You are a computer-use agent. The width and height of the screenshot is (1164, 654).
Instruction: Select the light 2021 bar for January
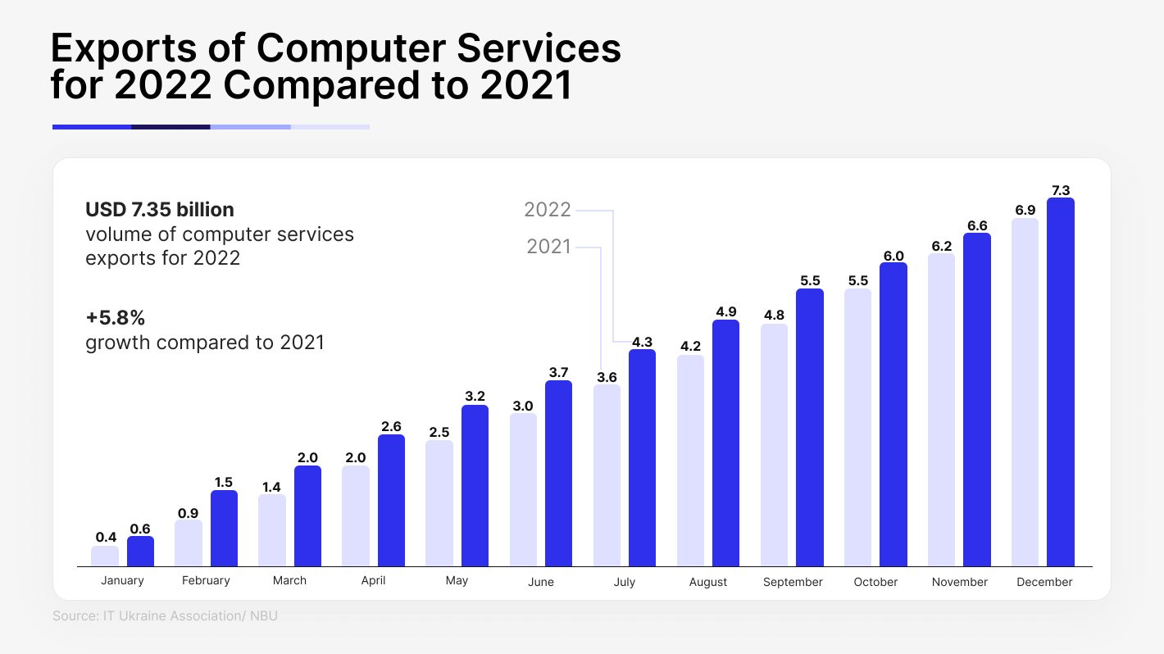[x=105, y=556]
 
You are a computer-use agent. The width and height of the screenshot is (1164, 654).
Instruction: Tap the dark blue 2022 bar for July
[x=643, y=457]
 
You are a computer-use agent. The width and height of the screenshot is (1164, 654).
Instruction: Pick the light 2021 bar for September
[x=774, y=445]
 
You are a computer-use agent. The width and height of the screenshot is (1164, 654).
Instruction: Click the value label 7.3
[x=1061, y=190]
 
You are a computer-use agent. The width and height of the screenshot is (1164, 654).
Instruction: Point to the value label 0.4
[x=106, y=538]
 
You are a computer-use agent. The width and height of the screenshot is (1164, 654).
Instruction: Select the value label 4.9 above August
[x=725, y=311]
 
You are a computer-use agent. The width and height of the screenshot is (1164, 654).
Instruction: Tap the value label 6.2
[x=942, y=246]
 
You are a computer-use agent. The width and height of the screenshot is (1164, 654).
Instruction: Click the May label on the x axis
[x=457, y=580]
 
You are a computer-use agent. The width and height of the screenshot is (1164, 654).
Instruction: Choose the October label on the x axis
[x=875, y=582]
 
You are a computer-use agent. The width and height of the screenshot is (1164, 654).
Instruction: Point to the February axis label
[x=206, y=580]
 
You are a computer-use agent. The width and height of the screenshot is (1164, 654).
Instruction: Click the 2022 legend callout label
[x=548, y=210]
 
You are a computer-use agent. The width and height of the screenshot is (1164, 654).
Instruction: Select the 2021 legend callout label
[x=548, y=247]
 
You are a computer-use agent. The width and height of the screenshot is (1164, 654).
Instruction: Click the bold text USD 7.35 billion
[x=160, y=209]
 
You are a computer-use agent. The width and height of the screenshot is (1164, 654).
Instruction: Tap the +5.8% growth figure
[x=115, y=317]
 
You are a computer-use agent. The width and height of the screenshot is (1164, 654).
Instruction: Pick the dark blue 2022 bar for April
[x=391, y=500]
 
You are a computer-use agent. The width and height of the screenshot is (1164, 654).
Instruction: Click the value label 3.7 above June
[x=558, y=372]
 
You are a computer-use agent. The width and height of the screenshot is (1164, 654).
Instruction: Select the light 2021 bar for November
[x=941, y=410]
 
